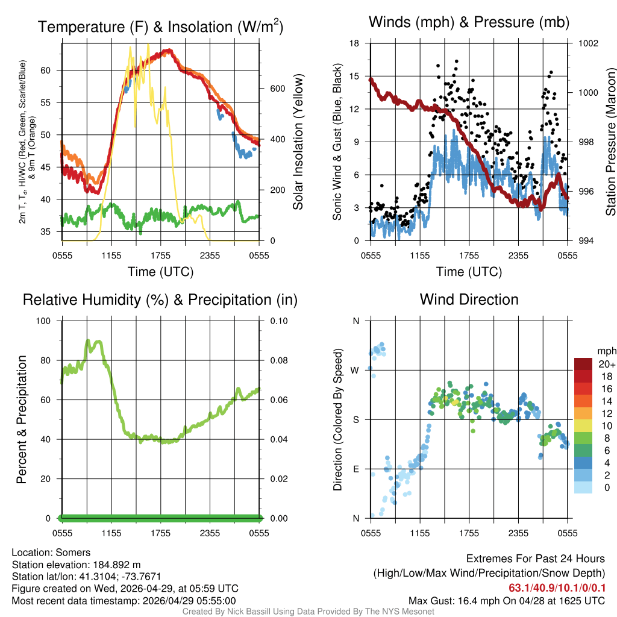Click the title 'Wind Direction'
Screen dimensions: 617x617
469,299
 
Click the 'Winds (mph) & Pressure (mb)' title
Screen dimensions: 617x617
469,23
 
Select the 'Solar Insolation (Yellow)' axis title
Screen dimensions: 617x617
298,142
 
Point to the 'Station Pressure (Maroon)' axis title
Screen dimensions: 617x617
610,142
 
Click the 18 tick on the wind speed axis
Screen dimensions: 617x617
355,43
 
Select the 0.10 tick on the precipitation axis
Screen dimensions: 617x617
278,321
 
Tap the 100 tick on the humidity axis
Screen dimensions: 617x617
48,321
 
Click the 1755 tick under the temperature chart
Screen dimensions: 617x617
161,255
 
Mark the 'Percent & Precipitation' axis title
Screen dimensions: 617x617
21,419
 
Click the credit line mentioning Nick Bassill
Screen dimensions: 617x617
308,612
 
